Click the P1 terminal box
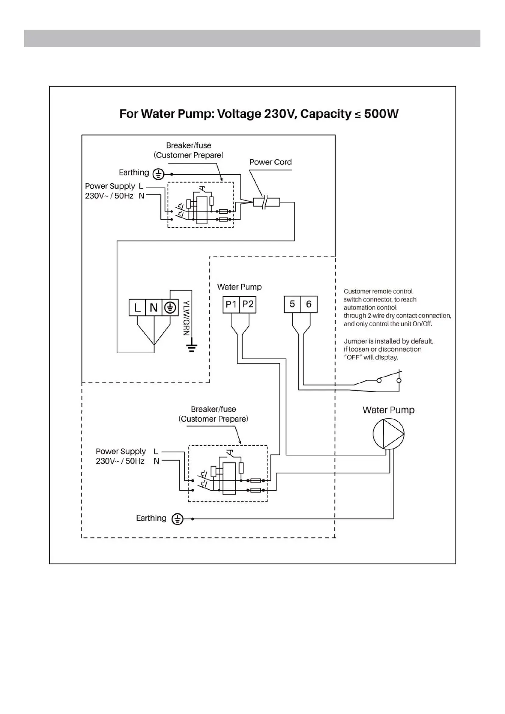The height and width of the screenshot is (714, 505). click(231, 304)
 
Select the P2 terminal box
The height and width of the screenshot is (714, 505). click(248, 304)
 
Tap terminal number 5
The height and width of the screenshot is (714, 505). click(292, 304)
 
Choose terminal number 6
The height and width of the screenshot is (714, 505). click(309, 304)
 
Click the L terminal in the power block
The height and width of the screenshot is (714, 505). click(137, 308)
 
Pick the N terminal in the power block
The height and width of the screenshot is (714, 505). click(153, 308)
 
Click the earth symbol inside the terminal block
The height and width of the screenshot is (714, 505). click(170, 308)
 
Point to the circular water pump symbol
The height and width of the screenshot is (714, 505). click(388, 433)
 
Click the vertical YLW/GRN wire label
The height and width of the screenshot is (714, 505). click(186, 318)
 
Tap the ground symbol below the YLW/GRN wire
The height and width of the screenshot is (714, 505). click(192, 348)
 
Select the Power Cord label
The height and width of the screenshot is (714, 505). click(271, 162)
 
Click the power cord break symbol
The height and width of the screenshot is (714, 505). click(264, 202)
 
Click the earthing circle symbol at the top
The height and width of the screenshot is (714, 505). click(158, 174)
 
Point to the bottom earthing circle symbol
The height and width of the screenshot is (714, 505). click(177, 519)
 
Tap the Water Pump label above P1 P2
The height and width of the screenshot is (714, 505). click(239, 287)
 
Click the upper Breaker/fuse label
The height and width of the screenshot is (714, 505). click(188, 145)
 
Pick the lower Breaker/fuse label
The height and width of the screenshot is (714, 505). click(213, 409)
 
